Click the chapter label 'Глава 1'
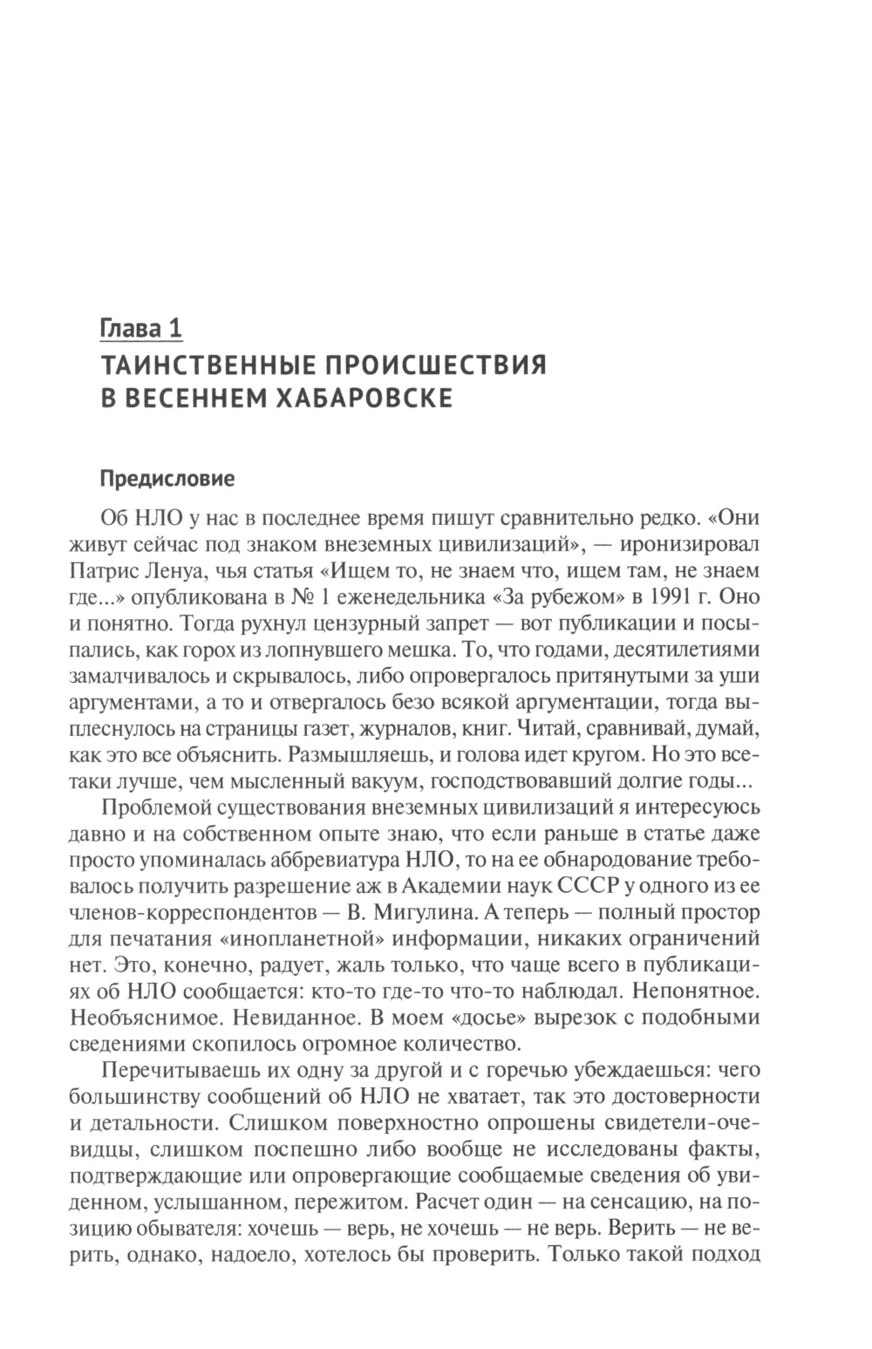click(x=141, y=329)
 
